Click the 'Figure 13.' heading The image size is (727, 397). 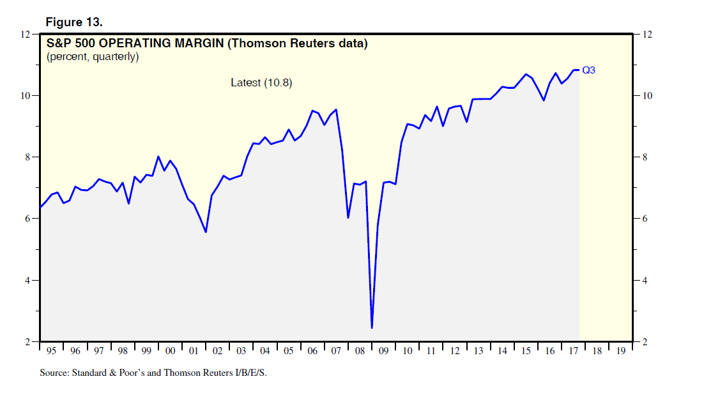click(x=73, y=22)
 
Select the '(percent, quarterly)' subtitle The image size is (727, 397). click(x=92, y=57)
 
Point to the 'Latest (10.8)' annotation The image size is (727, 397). click(x=261, y=82)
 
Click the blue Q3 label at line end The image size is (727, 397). click(x=588, y=70)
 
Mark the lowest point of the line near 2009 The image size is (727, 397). click(x=372, y=328)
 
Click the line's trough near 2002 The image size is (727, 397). click(x=206, y=231)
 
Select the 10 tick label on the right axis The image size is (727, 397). click(x=646, y=96)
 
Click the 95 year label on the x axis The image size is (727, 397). click(x=52, y=351)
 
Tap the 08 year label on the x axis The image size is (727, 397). click(x=360, y=351)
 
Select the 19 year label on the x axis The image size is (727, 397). click(x=620, y=351)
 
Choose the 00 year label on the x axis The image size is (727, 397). click(x=170, y=351)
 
